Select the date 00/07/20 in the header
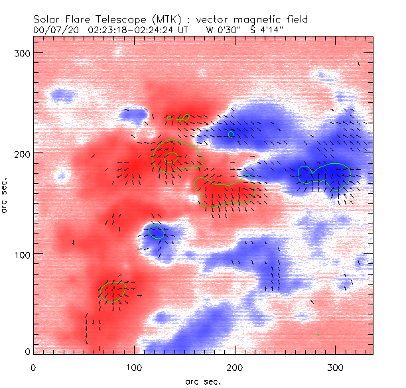[52, 30]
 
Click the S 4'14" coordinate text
[267, 30]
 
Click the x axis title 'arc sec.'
[202, 381]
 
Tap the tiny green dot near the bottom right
[318, 335]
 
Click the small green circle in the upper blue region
[231, 134]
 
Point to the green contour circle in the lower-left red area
[113, 291]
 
